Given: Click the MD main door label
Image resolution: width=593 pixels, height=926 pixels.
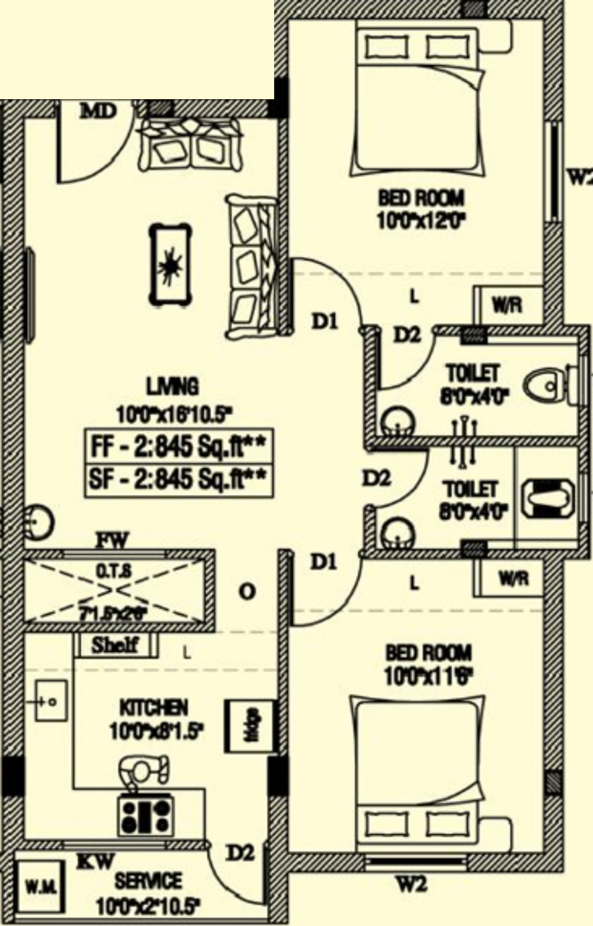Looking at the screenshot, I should coord(99,112).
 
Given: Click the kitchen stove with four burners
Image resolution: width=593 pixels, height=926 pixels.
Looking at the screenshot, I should coord(145,814).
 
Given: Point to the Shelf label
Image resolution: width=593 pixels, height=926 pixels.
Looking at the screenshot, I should coord(115,644).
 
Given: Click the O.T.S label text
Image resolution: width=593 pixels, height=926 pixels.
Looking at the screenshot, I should coord(115,570).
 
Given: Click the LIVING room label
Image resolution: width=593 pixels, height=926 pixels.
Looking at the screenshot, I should coord(172,386).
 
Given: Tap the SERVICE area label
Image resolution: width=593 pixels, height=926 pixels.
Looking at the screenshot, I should coord(148,882).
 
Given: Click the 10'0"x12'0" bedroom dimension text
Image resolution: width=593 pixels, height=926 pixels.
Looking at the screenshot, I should coord(420,221).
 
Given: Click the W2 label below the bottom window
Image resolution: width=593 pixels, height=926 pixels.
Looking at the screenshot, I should coord(409,883).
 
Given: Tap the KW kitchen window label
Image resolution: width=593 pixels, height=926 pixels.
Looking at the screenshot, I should coord(96,862).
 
